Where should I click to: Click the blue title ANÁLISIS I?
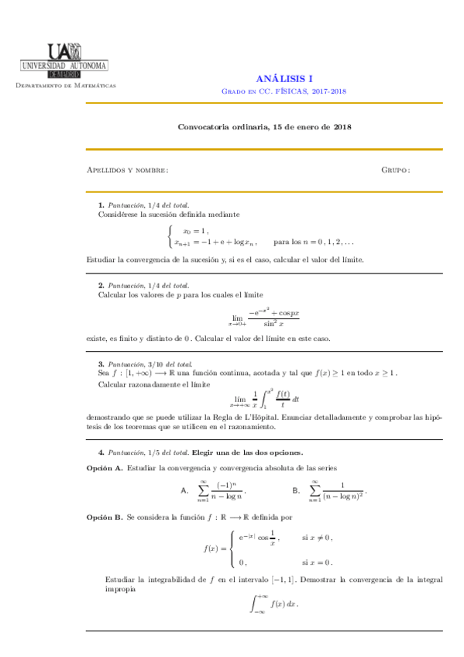pyautogui.click(x=284, y=78)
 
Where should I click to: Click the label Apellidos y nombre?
pyautogui.click(x=128, y=170)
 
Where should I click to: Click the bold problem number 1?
pyautogui.click(x=101, y=204)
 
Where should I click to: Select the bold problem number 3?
pyautogui.click(x=101, y=364)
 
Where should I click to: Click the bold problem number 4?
pyautogui.click(x=101, y=452)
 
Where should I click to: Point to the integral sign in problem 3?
pyautogui.click(x=269, y=400)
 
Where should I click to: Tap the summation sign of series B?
pyautogui.click(x=314, y=490)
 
